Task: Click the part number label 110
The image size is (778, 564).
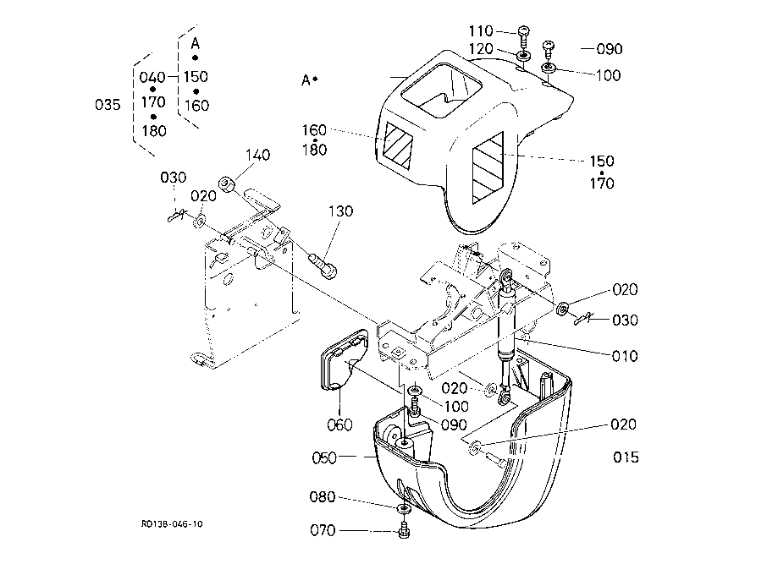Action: tap(481, 31)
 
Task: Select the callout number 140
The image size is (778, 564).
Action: tap(258, 155)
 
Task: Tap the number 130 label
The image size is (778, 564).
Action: tap(340, 211)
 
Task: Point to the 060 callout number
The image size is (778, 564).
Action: tap(339, 424)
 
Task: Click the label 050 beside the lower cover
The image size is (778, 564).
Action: tap(324, 457)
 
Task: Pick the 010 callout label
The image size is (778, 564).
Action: tap(625, 356)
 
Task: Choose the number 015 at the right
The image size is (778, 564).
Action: tap(626, 457)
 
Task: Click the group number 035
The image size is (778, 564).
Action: tap(108, 105)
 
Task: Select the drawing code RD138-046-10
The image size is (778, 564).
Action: tap(172, 524)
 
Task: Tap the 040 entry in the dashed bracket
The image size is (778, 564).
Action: tap(152, 77)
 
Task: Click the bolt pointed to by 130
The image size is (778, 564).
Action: tap(323, 266)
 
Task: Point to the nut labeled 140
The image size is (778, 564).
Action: tap(226, 184)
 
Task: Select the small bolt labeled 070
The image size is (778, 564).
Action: tap(404, 529)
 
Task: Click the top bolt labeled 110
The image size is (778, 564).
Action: tap(524, 36)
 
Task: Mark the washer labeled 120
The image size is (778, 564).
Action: tap(523, 55)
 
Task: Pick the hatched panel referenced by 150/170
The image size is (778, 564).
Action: tap(488, 167)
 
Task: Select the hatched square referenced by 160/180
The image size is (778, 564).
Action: tap(399, 145)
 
